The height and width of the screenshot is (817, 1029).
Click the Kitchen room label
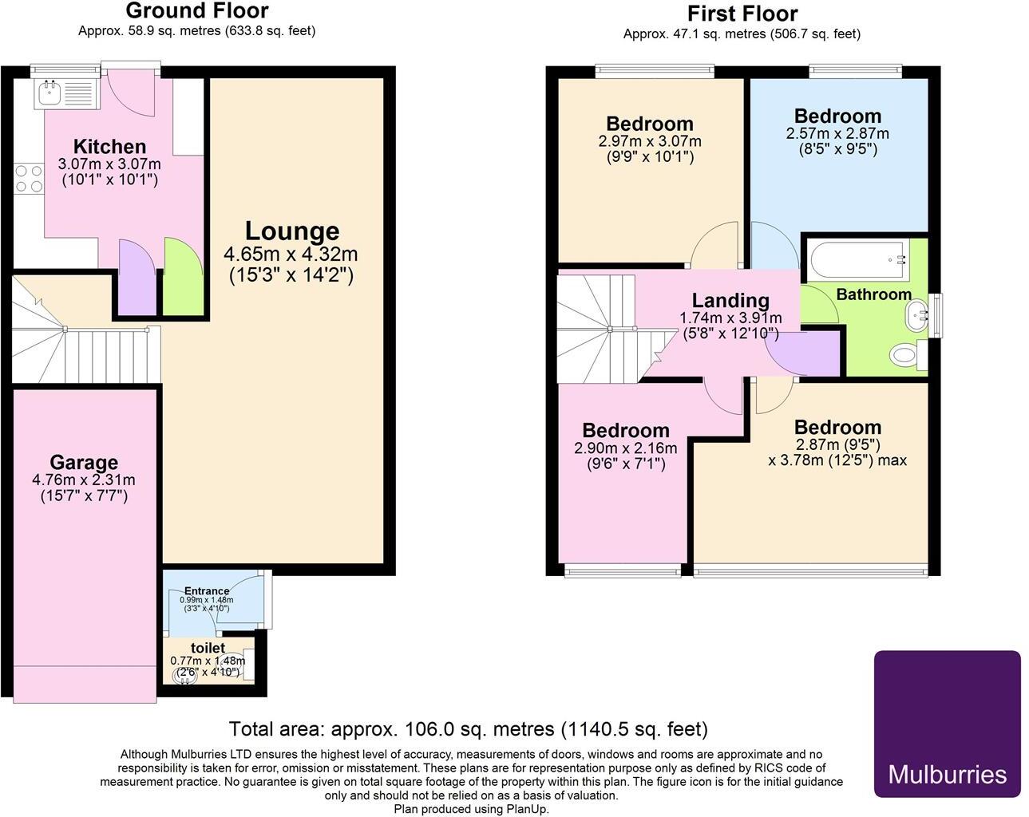[x=109, y=147]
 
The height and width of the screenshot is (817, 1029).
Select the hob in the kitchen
[x=29, y=179]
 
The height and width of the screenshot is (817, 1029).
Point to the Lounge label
[x=291, y=231]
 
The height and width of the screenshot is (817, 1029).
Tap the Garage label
[x=84, y=463]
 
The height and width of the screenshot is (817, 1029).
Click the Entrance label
[x=207, y=591]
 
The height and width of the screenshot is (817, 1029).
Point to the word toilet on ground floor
[x=208, y=648]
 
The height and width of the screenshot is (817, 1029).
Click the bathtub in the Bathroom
[x=857, y=259]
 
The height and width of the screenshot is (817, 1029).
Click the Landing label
[x=730, y=301]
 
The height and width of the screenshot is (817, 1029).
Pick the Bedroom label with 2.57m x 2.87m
[x=837, y=116]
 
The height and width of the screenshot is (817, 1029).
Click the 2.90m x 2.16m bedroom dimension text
[x=625, y=448]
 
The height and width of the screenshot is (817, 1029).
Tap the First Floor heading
[x=742, y=14]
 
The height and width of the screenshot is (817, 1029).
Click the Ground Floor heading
[x=197, y=11]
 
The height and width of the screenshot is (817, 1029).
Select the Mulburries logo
[x=947, y=723]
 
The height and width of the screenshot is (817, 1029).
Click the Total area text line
[x=468, y=728]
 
